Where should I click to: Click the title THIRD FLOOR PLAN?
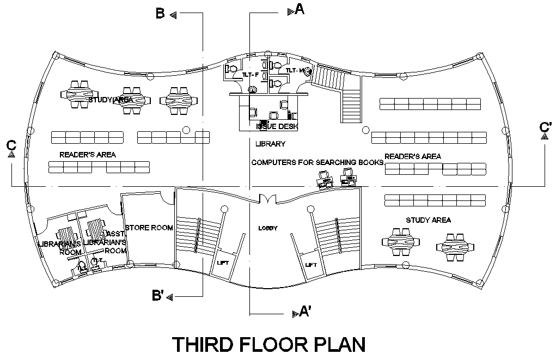(268, 345)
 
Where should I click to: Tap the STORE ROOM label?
(149, 228)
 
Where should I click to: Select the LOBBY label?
(268, 228)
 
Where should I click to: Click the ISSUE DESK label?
(277, 126)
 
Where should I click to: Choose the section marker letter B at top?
(160, 14)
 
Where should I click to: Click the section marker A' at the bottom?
(305, 312)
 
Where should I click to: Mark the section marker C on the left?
(11, 145)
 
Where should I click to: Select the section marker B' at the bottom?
(158, 296)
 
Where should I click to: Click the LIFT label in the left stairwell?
(223, 263)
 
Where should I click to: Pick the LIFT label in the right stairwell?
(311, 265)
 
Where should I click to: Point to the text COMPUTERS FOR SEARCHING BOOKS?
(317, 162)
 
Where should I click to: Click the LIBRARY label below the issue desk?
(270, 144)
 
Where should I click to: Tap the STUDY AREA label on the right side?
(428, 220)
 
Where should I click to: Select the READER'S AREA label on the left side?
(88, 155)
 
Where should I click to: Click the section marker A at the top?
(299, 9)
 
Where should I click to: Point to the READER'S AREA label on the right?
(413, 156)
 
